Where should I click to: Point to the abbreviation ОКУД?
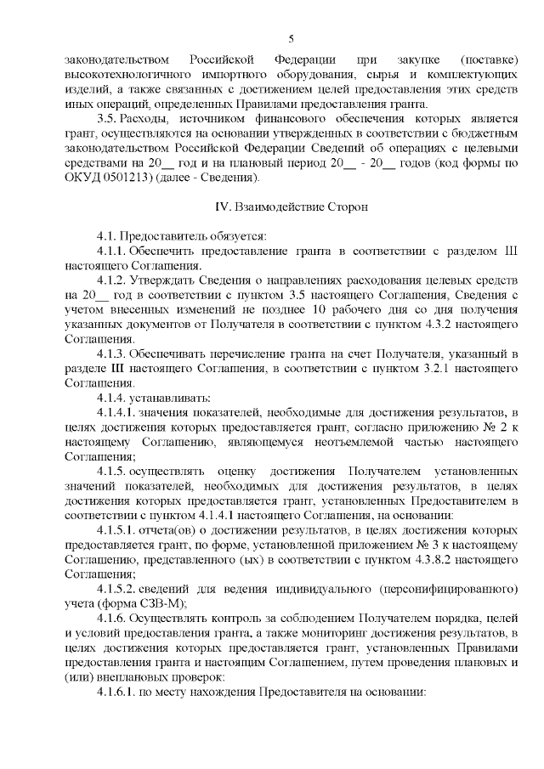click(82, 179)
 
